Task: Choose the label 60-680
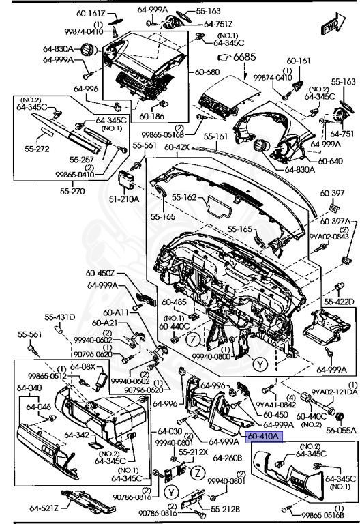click(x=207, y=72)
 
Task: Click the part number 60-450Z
click(x=101, y=274)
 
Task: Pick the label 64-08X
click(x=84, y=366)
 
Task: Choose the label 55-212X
click(x=192, y=452)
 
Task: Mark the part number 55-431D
click(x=60, y=317)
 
